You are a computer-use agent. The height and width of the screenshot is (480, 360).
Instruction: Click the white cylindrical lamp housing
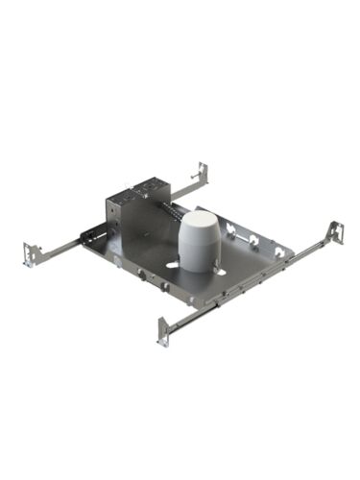(201, 241)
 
